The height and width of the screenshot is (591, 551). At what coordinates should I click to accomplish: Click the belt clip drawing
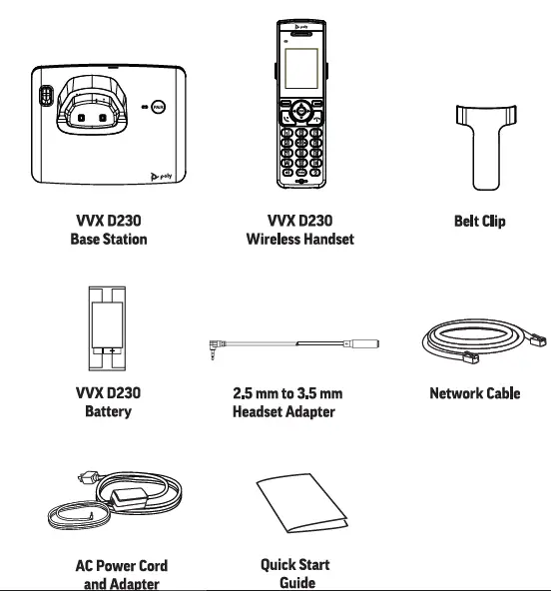coord(478,151)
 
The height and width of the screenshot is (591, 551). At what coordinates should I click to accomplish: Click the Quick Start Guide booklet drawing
coord(301,507)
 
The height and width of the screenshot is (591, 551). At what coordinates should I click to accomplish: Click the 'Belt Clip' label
coord(479,221)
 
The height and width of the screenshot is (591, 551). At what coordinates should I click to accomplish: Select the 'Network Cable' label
coord(474,393)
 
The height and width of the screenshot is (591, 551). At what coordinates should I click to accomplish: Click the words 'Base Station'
coord(108,240)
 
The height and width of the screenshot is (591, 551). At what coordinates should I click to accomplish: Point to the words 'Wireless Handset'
coord(299,240)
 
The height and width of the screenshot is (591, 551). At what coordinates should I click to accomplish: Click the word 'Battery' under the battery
coord(108,412)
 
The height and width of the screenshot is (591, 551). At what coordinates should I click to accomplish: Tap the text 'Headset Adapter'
coord(283,412)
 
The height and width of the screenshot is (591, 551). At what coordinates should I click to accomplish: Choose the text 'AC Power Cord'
coord(121,566)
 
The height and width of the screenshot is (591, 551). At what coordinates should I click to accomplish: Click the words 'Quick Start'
coord(295,565)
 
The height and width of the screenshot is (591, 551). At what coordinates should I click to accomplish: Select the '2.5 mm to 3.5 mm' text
coord(286,393)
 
